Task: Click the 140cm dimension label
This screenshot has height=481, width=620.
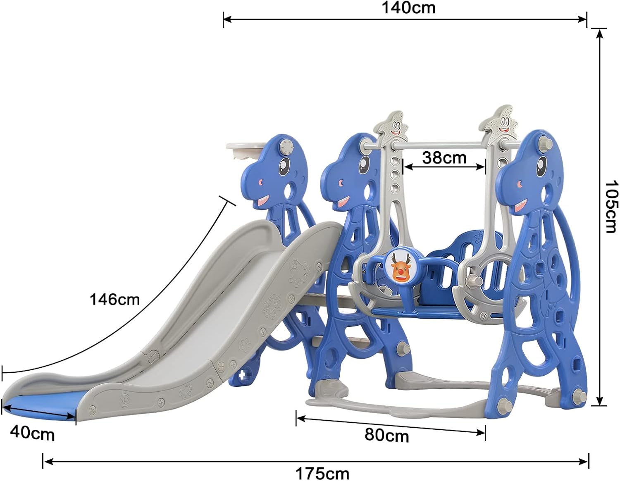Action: [x=408, y=8]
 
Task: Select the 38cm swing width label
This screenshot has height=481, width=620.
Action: [x=444, y=157]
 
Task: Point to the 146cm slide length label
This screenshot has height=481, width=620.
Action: [x=114, y=299]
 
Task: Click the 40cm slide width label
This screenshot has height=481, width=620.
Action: [x=32, y=434]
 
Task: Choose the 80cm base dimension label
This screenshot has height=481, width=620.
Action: [x=386, y=436]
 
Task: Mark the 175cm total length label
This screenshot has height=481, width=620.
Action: [x=322, y=474]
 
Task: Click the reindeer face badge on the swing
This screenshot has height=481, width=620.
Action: [x=399, y=264]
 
